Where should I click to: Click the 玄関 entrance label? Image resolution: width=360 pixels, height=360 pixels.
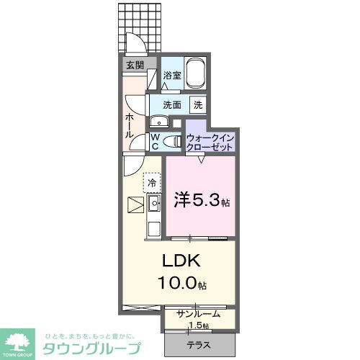coord(135,66)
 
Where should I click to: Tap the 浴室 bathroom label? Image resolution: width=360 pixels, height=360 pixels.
coord(171,75)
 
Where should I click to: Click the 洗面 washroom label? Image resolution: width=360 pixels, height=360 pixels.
coord(172,104)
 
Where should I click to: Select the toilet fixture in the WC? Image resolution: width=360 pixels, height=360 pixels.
coord(172,142)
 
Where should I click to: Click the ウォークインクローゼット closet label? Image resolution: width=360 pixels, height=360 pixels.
coord(210,141)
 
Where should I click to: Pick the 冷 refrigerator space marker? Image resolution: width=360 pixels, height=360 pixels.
coord(152,183)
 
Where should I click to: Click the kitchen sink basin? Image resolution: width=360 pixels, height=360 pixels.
coord(153,204)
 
